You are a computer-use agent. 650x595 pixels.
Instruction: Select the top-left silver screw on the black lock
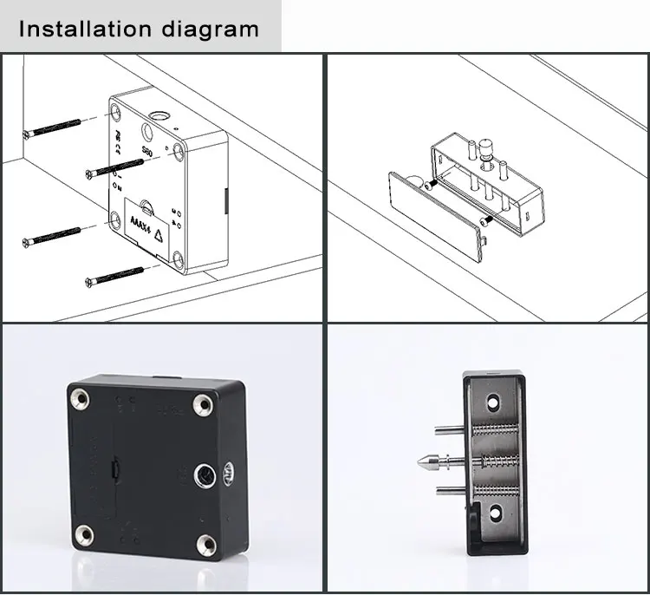(x=81, y=400)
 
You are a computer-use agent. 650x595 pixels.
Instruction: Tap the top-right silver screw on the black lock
(x=204, y=403)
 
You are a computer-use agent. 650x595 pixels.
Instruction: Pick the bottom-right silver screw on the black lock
(x=206, y=544)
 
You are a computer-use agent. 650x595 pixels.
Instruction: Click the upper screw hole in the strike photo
(x=492, y=403)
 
